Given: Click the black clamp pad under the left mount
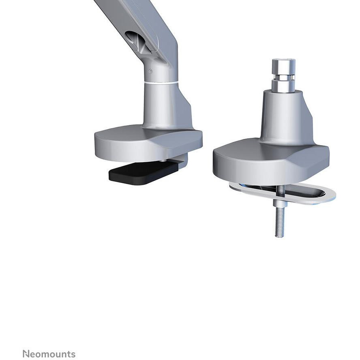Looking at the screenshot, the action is pos(144,173).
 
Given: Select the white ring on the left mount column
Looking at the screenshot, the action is pos(161,82).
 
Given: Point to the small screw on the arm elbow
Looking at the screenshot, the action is pos(151,71).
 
